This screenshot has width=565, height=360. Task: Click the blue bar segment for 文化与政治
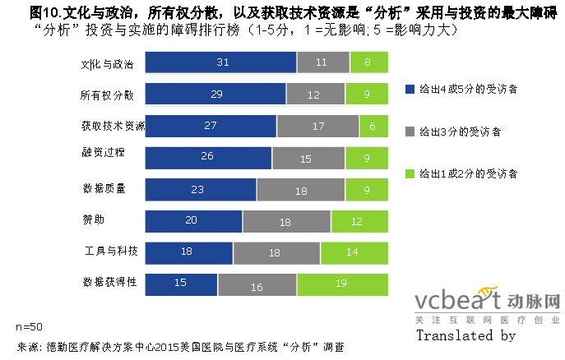coord(220,62)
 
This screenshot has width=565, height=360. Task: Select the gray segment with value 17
coord(318,126)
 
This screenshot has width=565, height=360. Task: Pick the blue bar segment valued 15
coord(181,284)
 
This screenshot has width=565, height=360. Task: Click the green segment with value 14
coord(350,252)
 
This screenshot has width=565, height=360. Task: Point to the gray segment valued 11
coord(322,62)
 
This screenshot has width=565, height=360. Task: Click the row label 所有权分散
coord(108,95)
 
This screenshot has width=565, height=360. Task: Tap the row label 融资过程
coord(102,152)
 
